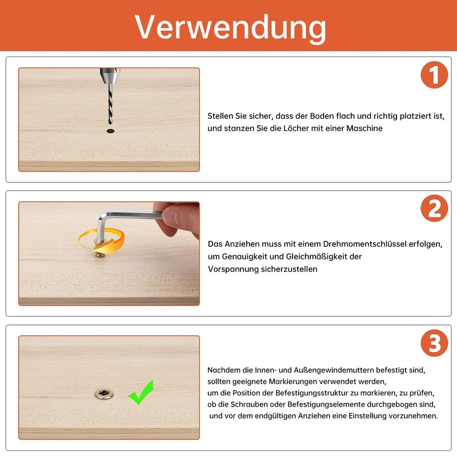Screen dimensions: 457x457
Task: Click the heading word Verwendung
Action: click(x=230, y=27)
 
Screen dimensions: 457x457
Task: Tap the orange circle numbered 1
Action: click(x=434, y=75)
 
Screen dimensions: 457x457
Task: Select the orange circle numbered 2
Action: click(x=434, y=209)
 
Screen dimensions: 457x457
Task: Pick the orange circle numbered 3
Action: click(x=434, y=343)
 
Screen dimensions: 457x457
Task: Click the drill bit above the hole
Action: click(x=110, y=103)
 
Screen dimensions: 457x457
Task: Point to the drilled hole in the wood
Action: click(x=110, y=131)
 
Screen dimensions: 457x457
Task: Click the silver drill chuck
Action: click(x=110, y=76)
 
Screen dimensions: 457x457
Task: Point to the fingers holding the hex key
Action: click(x=178, y=219)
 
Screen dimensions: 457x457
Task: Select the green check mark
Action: click(x=141, y=392)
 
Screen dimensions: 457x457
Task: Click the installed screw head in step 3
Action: click(x=104, y=394)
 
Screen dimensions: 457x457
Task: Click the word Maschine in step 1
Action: click(x=364, y=128)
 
